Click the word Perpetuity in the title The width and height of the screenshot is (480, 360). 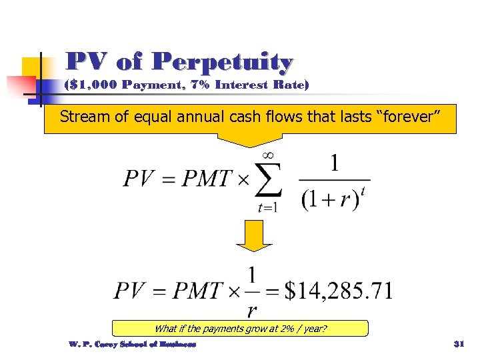(x=223, y=63)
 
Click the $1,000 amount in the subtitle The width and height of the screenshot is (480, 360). (x=91, y=85)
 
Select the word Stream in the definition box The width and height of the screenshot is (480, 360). (x=81, y=117)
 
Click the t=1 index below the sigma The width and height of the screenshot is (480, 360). (x=267, y=207)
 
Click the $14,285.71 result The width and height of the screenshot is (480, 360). (x=339, y=291)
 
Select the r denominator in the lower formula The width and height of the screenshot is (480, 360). (x=252, y=311)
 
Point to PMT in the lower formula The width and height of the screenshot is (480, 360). (x=196, y=291)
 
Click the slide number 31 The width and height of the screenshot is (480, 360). (x=458, y=345)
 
